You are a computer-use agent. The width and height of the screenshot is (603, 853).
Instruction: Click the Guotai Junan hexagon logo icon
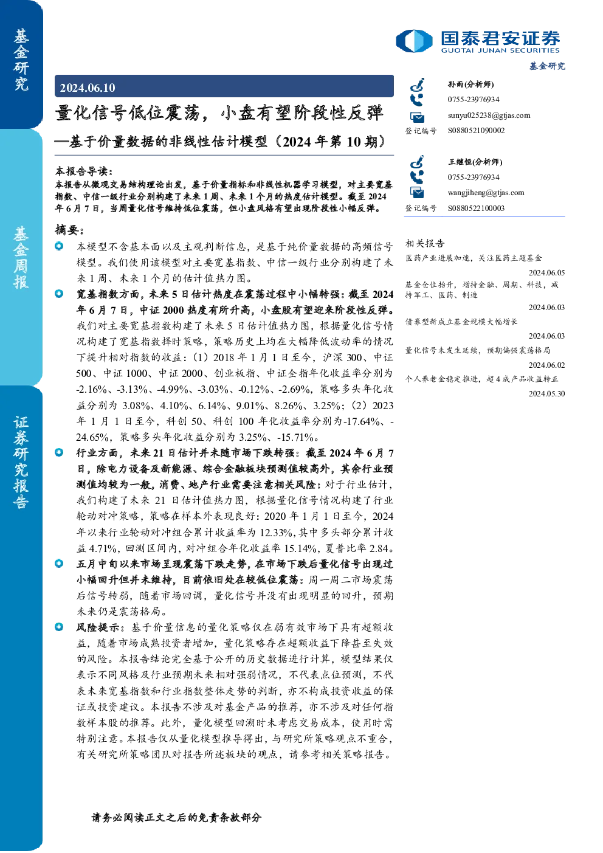tap(414, 41)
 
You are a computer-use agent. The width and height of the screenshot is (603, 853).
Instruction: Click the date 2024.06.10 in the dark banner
tap(88, 88)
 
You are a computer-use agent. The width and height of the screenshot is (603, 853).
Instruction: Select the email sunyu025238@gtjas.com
tap(489, 116)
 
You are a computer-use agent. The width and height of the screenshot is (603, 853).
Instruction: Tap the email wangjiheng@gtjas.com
tap(486, 193)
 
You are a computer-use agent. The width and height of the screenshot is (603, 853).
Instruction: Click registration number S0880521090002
tap(476, 131)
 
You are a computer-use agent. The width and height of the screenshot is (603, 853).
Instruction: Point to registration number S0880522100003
tap(476, 209)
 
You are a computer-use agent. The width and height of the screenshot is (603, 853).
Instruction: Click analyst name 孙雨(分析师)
tap(470, 85)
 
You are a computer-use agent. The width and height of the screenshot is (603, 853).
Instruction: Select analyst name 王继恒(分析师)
tap(475, 162)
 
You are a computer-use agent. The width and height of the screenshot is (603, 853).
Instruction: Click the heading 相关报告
tap(425, 243)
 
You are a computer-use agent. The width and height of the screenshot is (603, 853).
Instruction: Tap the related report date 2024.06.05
tap(546, 272)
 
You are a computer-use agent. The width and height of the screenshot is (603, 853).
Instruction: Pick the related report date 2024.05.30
tap(546, 394)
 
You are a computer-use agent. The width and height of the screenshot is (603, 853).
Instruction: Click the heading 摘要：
tap(69, 230)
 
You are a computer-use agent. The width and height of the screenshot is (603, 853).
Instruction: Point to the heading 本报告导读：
tap(84, 171)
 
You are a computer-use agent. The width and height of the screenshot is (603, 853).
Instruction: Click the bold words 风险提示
tap(98, 627)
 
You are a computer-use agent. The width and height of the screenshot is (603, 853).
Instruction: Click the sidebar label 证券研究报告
tap(21, 462)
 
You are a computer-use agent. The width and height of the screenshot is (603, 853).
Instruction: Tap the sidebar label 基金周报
tap(21, 257)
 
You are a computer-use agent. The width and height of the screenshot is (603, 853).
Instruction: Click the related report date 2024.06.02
tap(546, 365)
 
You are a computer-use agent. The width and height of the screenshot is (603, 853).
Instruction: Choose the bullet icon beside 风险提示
tap(59, 627)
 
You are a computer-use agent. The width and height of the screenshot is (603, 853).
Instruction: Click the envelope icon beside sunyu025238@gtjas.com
tap(417, 117)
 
